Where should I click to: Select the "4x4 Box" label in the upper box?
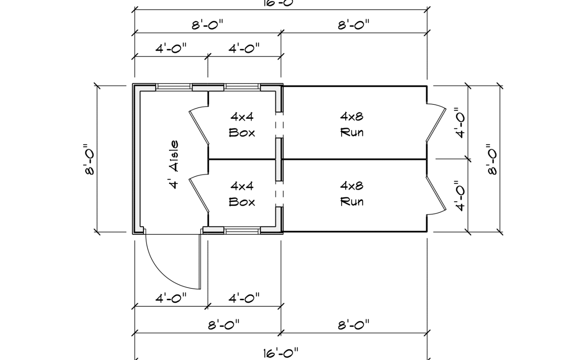[242, 124]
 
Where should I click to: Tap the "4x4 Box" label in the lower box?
[242, 194]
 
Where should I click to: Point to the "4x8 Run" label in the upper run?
[352, 124]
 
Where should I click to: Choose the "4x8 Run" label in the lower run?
[352, 194]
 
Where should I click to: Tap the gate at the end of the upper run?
[436, 124]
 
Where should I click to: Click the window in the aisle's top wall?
[174, 87]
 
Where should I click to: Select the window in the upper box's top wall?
[242, 87]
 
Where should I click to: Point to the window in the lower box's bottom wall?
[242, 230]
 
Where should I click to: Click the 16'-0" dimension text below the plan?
[281, 353]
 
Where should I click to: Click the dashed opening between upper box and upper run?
[279, 125]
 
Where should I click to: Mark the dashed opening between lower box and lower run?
[279, 194]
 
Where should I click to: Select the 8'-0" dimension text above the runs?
[354, 25]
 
